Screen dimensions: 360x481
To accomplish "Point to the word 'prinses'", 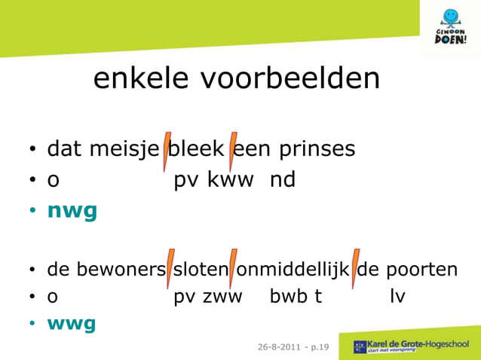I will pyautogui.click(x=317, y=149).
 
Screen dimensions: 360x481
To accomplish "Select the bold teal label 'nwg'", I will pyautogui.click(x=72, y=212).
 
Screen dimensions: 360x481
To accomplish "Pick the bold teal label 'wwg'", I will pyautogui.click(x=72, y=324).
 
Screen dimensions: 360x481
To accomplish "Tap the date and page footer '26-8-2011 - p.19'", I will pyautogui.click(x=293, y=346).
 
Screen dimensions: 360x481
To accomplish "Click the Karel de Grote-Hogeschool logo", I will pyautogui.click(x=411, y=346).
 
